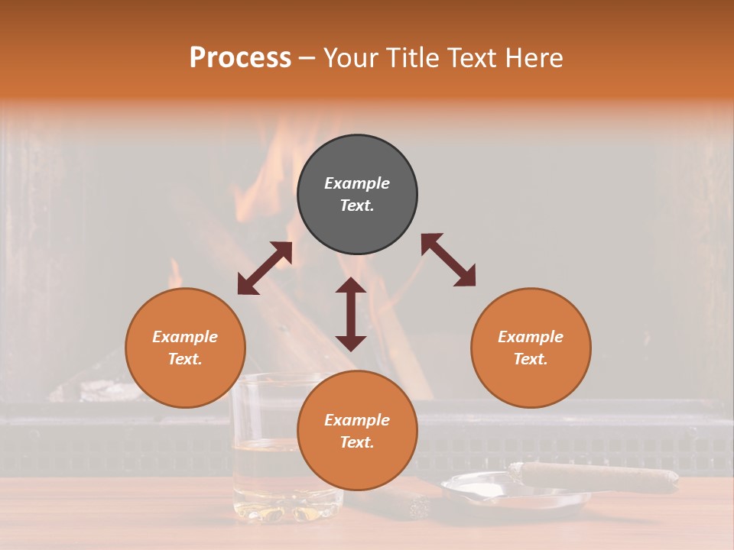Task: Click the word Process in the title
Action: [240, 58]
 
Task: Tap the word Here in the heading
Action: [533, 58]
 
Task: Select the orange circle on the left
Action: [185, 348]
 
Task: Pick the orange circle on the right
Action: [531, 348]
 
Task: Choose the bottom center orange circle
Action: [357, 431]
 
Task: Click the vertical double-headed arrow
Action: [351, 314]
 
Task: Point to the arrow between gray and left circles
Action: [265, 268]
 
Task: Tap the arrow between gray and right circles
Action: [448, 260]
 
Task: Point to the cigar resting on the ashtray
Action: [596, 477]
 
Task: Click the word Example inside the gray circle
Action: [357, 183]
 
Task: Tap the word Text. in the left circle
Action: [185, 359]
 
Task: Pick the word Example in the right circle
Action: [531, 337]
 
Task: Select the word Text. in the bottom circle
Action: [357, 442]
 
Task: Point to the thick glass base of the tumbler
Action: [287, 508]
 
